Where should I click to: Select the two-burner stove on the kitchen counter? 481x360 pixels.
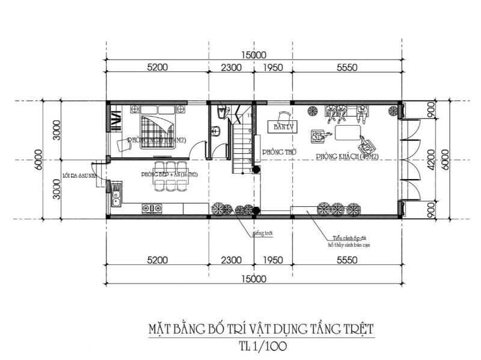click(x=152, y=209)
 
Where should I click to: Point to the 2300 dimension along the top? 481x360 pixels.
click(x=231, y=68)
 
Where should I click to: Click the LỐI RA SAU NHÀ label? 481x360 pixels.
click(x=79, y=176)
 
